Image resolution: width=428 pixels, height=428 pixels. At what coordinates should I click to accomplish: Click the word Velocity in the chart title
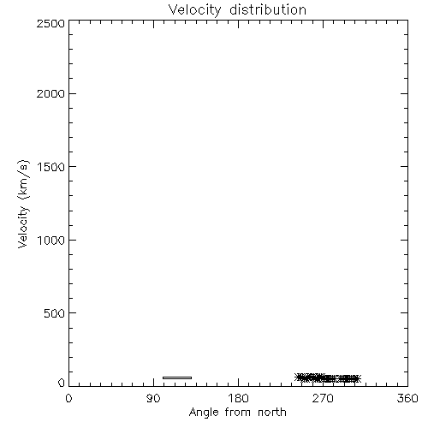tap(194, 10)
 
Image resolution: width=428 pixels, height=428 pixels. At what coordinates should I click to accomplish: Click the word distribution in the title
tap(268, 9)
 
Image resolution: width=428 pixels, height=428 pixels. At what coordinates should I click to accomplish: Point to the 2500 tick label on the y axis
tap(51, 23)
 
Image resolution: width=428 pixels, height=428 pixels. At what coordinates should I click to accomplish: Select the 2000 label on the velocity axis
tap(51, 93)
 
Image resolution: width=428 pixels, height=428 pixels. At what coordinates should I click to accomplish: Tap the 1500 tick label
tap(51, 167)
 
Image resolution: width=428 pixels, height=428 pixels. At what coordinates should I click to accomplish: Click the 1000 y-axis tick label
tap(51, 241)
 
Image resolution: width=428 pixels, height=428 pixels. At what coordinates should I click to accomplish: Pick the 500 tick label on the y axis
tap(55, 313)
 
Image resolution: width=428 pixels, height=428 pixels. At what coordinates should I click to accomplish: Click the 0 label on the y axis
tap(62, 383)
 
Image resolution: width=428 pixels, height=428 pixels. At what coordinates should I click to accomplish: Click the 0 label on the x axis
tap(68, 398)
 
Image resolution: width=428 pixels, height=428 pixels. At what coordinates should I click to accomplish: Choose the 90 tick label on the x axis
tap(153, 398)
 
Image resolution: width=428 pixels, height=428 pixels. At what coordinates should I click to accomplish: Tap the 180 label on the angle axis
tap(238, 398)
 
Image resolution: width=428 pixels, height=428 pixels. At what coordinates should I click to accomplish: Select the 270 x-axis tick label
tap(323, 398)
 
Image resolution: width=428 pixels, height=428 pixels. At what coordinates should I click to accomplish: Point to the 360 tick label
tap(407, 398)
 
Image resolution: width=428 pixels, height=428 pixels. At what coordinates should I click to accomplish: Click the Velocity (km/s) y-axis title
tap(23, 204)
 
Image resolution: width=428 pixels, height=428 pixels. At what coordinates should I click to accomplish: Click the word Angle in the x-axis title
tap(204, 413)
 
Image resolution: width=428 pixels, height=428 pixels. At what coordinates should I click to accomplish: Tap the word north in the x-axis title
tap(272, 413)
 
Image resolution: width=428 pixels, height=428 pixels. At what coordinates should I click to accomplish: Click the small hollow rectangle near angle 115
tap(177, 377)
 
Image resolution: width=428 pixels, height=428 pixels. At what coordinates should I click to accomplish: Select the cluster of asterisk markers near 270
tap(328, 378)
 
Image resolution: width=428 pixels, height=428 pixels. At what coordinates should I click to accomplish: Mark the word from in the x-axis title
tap(239, 413)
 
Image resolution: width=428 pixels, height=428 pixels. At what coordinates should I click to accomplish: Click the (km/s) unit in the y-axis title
tap(23, 180)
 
